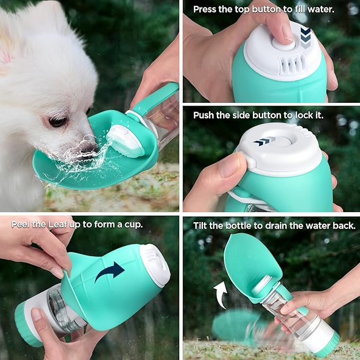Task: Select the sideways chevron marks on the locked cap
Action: pyautogui.click(x=265, y=142)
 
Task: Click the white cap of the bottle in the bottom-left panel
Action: pyautogui.click(x=156, y=265)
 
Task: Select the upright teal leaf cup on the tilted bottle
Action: pyautogui.click(x=249, y=262)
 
